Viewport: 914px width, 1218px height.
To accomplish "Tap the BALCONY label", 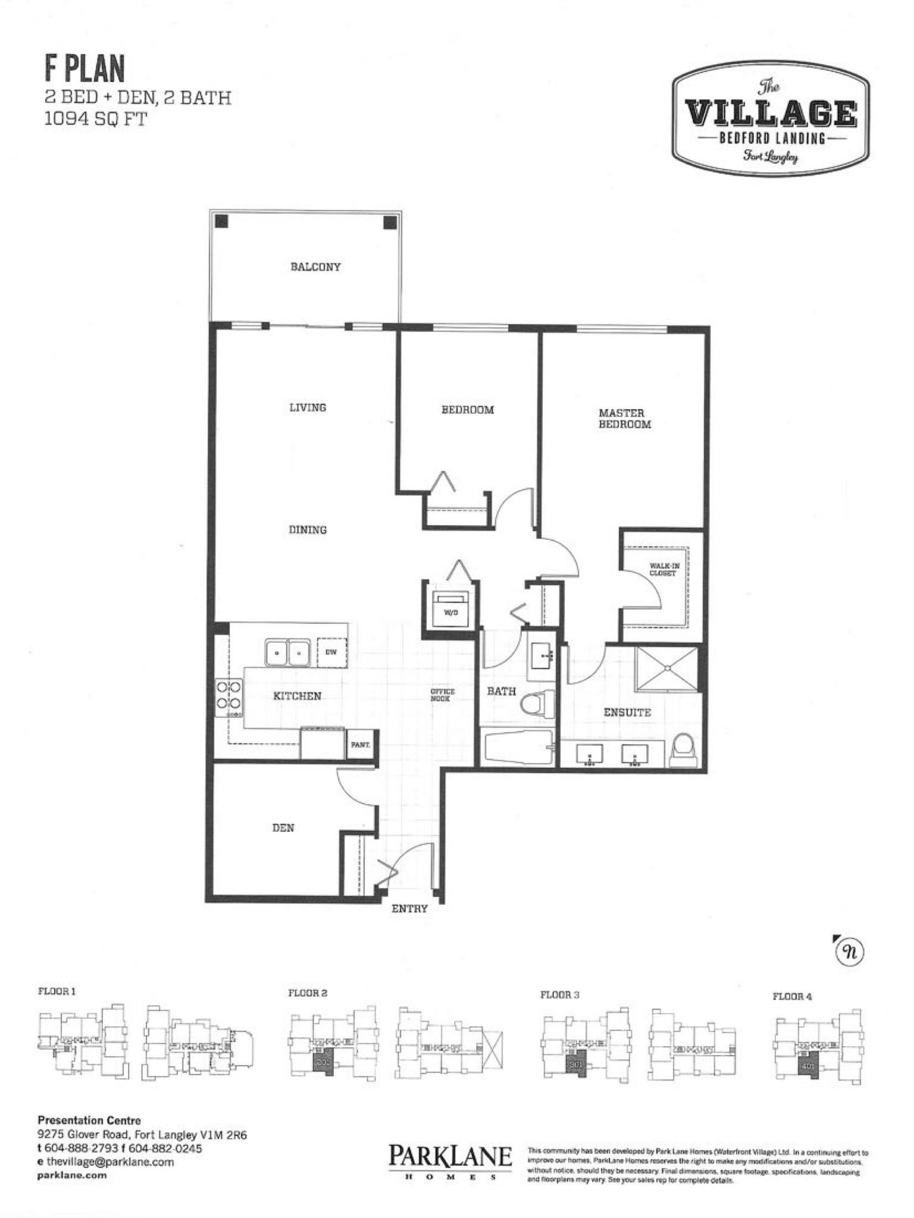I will point(315,267).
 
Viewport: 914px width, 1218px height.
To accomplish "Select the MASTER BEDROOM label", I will point(624,419).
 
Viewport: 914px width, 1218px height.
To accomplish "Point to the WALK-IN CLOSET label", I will point(664,569).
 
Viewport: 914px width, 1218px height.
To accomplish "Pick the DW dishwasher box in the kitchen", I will point(331,652).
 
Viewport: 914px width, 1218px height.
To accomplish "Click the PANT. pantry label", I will point(361,744).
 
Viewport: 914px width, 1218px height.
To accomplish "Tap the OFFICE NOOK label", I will point(443,695).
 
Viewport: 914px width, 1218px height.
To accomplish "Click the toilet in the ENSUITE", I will point(683,748).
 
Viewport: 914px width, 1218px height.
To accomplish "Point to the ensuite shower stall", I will point(667,669).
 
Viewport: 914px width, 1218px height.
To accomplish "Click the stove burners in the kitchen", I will point(229,695).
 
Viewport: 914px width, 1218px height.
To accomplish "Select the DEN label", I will point(283,828).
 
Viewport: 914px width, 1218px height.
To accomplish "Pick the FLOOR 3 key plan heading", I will point(559,994).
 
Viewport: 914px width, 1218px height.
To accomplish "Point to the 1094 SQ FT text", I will point(96,119).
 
